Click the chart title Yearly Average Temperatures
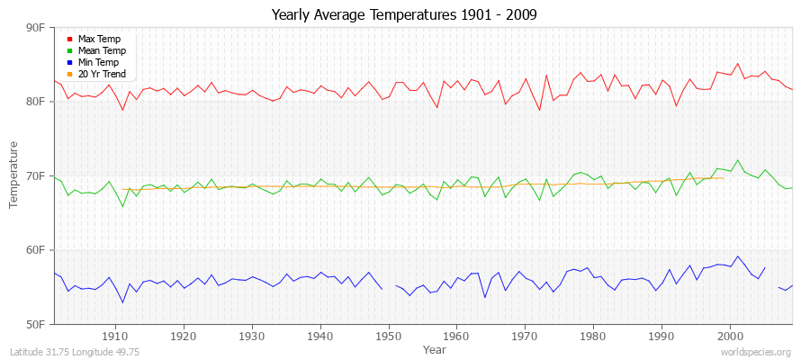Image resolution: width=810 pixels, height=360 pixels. [x=404, y=15]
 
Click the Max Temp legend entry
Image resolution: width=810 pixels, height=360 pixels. [x=99, y=39]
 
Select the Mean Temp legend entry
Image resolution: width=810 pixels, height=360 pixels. [x=101, y=50]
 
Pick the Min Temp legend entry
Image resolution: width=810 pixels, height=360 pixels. [x=99, y=62]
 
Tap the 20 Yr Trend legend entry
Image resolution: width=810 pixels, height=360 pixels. [x=102, y=74]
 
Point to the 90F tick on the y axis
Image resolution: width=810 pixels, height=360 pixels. [x=36, y=28]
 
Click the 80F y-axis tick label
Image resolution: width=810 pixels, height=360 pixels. [x=36, y=102]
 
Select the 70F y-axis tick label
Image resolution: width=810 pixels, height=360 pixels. [x=36, y=175]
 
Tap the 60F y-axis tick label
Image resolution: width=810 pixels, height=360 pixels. [x=36, y=249]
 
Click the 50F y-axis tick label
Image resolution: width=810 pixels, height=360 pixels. [x=36, y=323]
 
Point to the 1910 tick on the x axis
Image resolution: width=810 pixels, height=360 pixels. [x=115, y=335]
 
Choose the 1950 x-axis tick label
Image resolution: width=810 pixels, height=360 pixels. [x=388, y=335]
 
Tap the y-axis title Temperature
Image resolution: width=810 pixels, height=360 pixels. [x=13, y=175]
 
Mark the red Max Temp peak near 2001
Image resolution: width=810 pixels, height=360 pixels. [x=738, y=63]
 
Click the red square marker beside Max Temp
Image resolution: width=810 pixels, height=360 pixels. [x=69, y=39]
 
